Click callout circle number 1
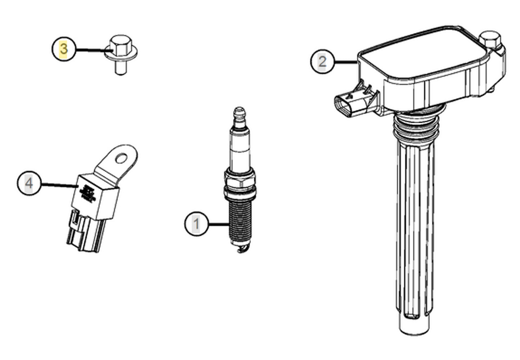point(196,224)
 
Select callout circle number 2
point(322,62)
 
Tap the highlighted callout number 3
point(64,49)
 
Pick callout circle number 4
point(29,183)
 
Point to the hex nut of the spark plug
point(240,179)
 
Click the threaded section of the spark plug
point(239,220)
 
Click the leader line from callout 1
point(218,224)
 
